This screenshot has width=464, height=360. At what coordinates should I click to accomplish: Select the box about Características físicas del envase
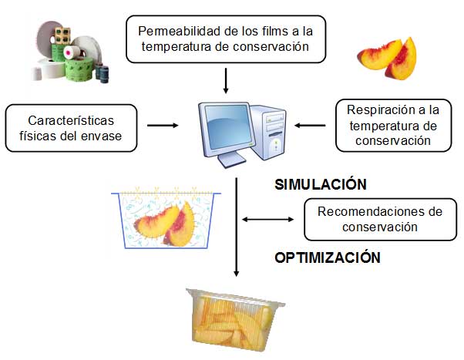[x=72, y=127]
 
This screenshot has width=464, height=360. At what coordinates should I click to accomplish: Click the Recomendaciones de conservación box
[x=376, y=219]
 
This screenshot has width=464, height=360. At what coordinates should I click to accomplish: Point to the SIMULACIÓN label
[x=320, y=185]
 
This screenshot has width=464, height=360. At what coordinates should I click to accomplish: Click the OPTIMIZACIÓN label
[x=328, y=257]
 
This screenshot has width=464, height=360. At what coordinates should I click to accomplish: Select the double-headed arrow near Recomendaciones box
[x=268, y=220]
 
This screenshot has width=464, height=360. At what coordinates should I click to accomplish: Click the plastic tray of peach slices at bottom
[x=232, y=315]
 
